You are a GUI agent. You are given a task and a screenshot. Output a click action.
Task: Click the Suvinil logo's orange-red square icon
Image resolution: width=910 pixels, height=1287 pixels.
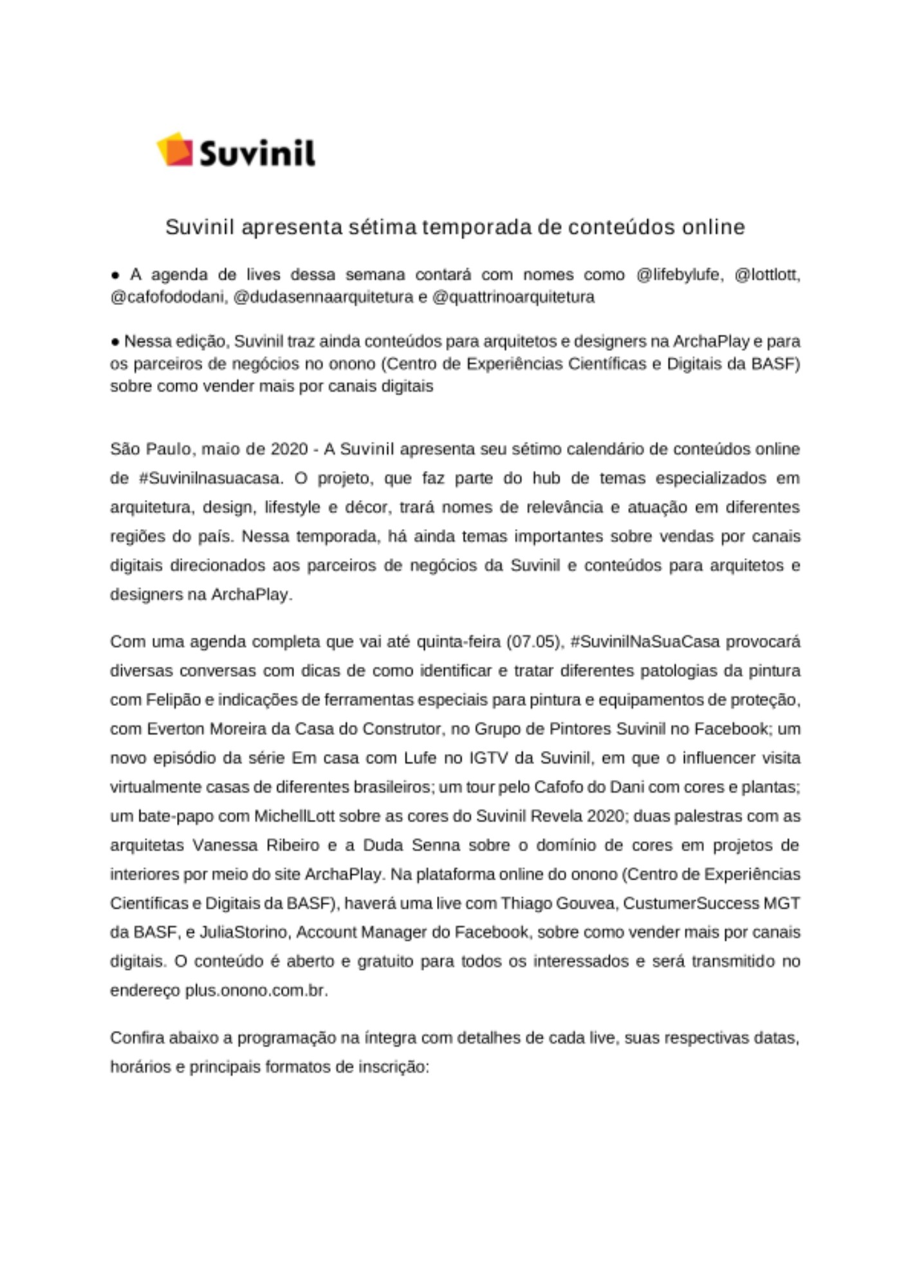(x=175, y=150)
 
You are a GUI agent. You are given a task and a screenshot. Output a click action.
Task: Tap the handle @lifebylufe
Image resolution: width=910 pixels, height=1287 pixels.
(x=679, y=275)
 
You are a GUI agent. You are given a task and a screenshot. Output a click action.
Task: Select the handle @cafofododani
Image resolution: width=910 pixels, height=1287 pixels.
(x=169, y=297)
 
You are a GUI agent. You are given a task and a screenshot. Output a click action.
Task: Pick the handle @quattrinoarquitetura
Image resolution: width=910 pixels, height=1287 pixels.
(x=514, y=297)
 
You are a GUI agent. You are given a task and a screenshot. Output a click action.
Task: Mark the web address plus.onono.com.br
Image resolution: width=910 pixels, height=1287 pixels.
(x=256, y=990)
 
